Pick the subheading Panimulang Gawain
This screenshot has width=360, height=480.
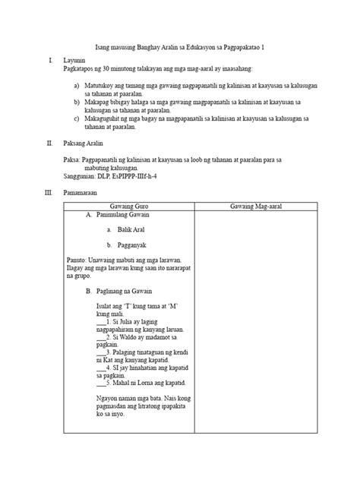[x=125, y=215]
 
